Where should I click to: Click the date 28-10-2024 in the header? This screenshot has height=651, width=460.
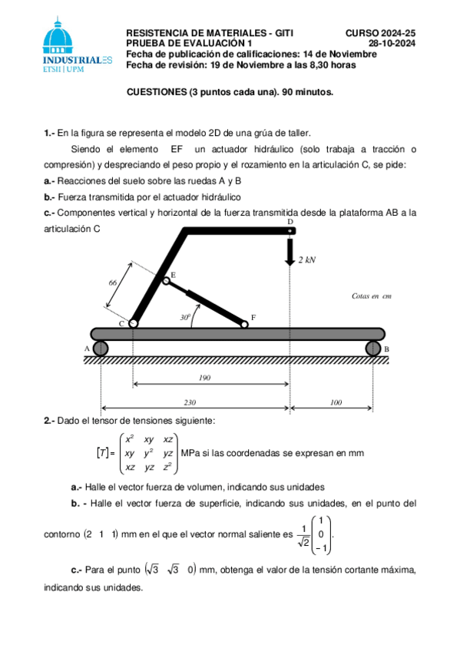click(x=392, y=44)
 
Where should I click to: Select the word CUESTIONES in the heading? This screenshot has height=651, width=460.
click(x=156, y=91)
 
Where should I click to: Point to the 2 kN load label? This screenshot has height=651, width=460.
click(x=307, y=259)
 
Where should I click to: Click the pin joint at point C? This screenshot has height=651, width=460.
click(x=133, y=324)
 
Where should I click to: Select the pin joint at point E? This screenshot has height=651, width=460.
click(x=166, y=281)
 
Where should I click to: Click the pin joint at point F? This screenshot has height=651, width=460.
click(x=245, y=324)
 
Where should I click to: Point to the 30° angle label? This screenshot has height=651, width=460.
click(x=185, y=316)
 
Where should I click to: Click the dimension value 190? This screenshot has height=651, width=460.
click(x=204, y=378)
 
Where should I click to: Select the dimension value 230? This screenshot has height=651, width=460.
click(x=189, y=402)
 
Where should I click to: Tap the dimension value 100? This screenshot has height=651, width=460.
click(x=335, y=402)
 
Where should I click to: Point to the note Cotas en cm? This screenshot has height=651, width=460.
click(x=372, y=295)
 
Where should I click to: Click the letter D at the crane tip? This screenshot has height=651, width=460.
click(x=290, y=222)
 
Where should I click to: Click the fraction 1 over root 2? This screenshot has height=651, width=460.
click(x=306, y=534)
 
